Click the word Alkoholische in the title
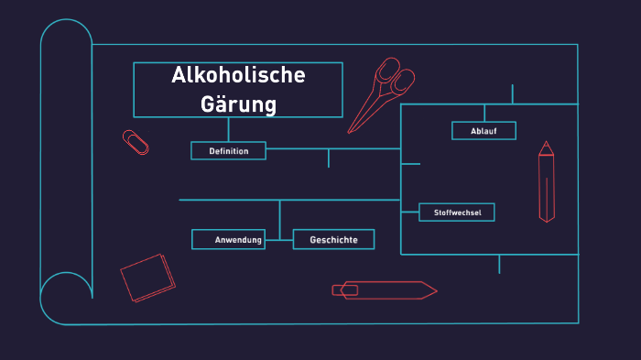[x=238, y=76]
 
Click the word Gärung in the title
[x=238, y=104]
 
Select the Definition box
[x=228, y=151]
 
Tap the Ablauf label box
[x=483, y=131]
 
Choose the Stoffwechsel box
[x=457, y=213]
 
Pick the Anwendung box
[x=229, y=240]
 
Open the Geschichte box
[x=333, y=240]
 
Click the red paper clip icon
[x=136, y=142]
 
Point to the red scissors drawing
[x=382, y=92]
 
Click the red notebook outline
[x=147, y=278]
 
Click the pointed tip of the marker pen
[x=434, y=290]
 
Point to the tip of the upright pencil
[x=547, y=144]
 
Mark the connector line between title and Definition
[x=229, y=129]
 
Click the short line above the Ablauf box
[x=512, y=93]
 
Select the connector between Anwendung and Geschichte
[x=279, y=240]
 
